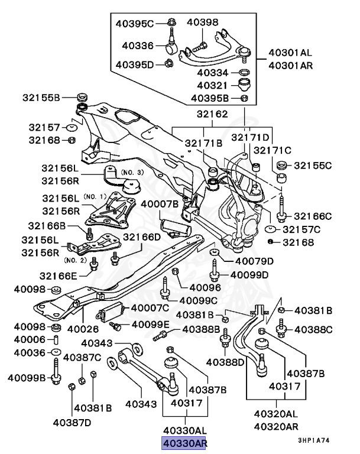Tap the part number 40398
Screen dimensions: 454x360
coord(202,23)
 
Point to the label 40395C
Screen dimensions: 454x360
coord(134,24)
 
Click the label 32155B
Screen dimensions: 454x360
coord(41,97)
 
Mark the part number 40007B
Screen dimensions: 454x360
coord(159,204)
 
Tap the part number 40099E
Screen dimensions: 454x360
coord(150,325)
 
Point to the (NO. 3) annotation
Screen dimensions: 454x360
coord(132,172)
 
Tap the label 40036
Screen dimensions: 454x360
coord(30,353)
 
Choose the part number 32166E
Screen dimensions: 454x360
coord(59,275)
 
